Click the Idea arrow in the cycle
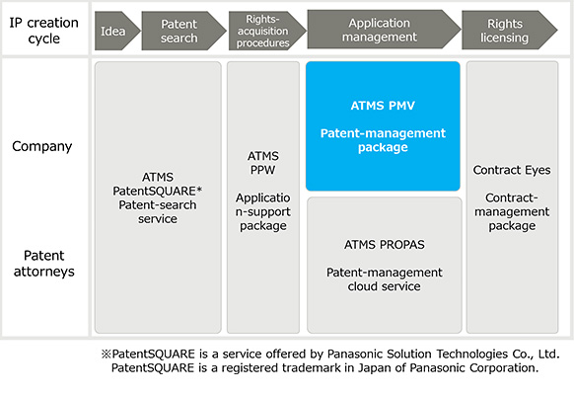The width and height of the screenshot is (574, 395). click(x=112, y=31)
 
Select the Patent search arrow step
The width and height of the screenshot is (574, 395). click(x=179, y=31)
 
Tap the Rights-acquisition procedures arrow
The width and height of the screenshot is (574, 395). click(x=261, y=30)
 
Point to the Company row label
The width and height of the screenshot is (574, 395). click(x=41, y=146)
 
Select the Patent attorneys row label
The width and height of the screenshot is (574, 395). click(x=41, y=262)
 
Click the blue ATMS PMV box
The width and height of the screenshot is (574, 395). click(x=383, y=125)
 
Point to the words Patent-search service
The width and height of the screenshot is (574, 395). click(x=158, y=211)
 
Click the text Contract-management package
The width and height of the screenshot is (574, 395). click(x=511, y=211)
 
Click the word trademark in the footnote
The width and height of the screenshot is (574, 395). click(x=329, y=368)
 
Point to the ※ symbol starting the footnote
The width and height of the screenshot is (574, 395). click(x=108, y=354)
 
